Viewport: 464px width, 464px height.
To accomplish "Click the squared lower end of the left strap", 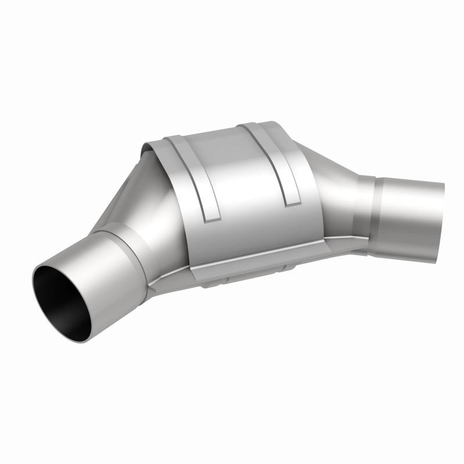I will point(212,219).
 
